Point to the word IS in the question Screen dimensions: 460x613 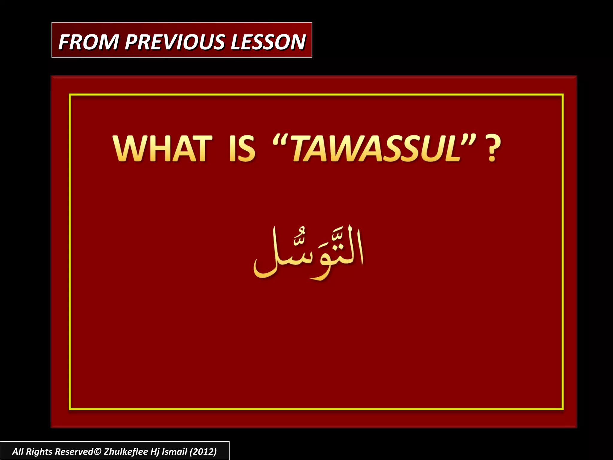click(x=242, y=149)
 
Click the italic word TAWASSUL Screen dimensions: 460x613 click(x=376, y=149)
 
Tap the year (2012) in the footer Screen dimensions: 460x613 click(x=203, y=451)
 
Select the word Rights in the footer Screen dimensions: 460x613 click(x=39, y=451)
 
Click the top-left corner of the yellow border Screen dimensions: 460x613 click(x=70, y=95)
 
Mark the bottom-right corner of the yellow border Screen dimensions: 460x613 click(x=563, y=409)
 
